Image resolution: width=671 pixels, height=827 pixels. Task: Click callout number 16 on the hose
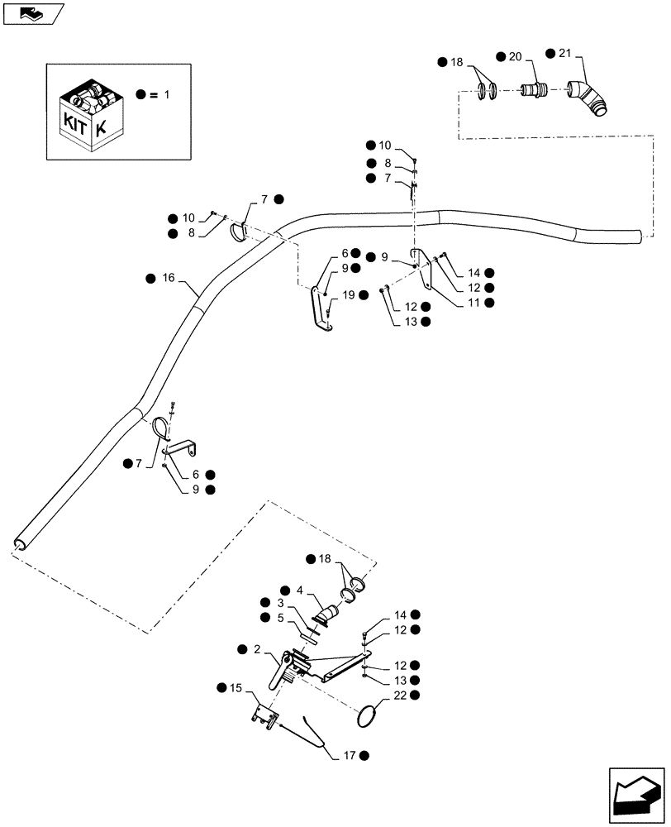[x=169, y=279]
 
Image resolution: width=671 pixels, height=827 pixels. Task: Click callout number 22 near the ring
[x=401, y=697]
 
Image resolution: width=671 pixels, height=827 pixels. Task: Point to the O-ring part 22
[x=370, y=714]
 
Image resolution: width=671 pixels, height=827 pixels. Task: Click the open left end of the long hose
[x=20, y=543]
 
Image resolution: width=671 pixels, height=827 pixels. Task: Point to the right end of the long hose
[x=635, y=237]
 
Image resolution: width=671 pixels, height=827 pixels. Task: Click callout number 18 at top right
[x=457, y=62]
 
